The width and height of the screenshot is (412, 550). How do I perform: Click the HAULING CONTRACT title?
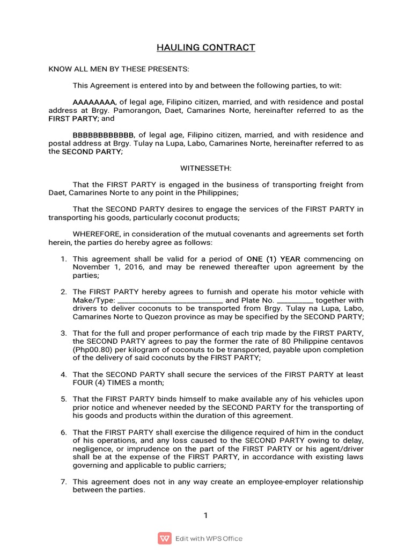click(205, 48)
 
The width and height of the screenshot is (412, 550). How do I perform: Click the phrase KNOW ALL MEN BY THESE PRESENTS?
click(119, 69)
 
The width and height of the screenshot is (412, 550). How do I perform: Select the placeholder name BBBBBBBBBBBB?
click(103, 135)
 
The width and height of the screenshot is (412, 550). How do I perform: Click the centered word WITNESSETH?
click(205, 168)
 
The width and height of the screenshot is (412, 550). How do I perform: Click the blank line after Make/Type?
click(170, 301)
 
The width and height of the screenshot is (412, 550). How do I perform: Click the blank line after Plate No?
click(295, 301)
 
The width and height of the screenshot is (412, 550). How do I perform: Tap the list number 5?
click(63, 399)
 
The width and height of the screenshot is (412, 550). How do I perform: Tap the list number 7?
click(63, 482)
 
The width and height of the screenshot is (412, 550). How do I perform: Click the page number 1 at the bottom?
click(205, 516)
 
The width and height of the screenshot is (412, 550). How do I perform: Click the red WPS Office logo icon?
click(164, 538)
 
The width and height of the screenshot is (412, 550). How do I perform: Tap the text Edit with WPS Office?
click(209, 538)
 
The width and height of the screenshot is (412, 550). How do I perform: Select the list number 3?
click(63, 333)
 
